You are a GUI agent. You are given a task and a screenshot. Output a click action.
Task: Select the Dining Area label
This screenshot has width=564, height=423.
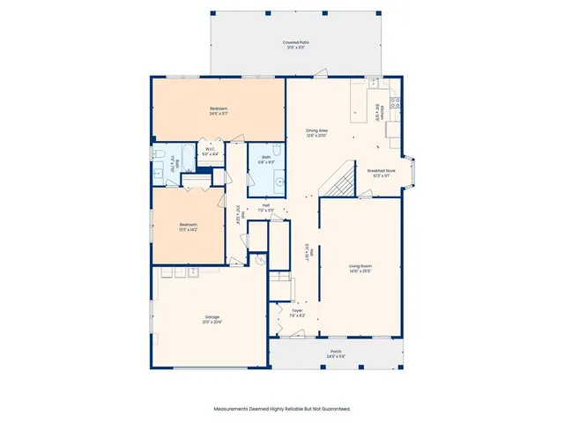317,130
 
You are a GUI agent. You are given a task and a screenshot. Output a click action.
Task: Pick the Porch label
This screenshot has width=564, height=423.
336,352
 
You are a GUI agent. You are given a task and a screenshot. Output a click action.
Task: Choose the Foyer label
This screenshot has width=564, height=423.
297,310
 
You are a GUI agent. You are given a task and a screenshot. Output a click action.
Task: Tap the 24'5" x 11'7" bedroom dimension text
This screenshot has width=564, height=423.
219,114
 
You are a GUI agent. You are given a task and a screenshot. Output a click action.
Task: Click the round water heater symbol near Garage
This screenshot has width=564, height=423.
261,261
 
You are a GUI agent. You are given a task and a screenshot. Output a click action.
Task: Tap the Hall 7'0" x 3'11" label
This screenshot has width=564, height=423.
265,207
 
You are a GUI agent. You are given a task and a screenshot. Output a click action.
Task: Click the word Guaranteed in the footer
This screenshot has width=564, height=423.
330,409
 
